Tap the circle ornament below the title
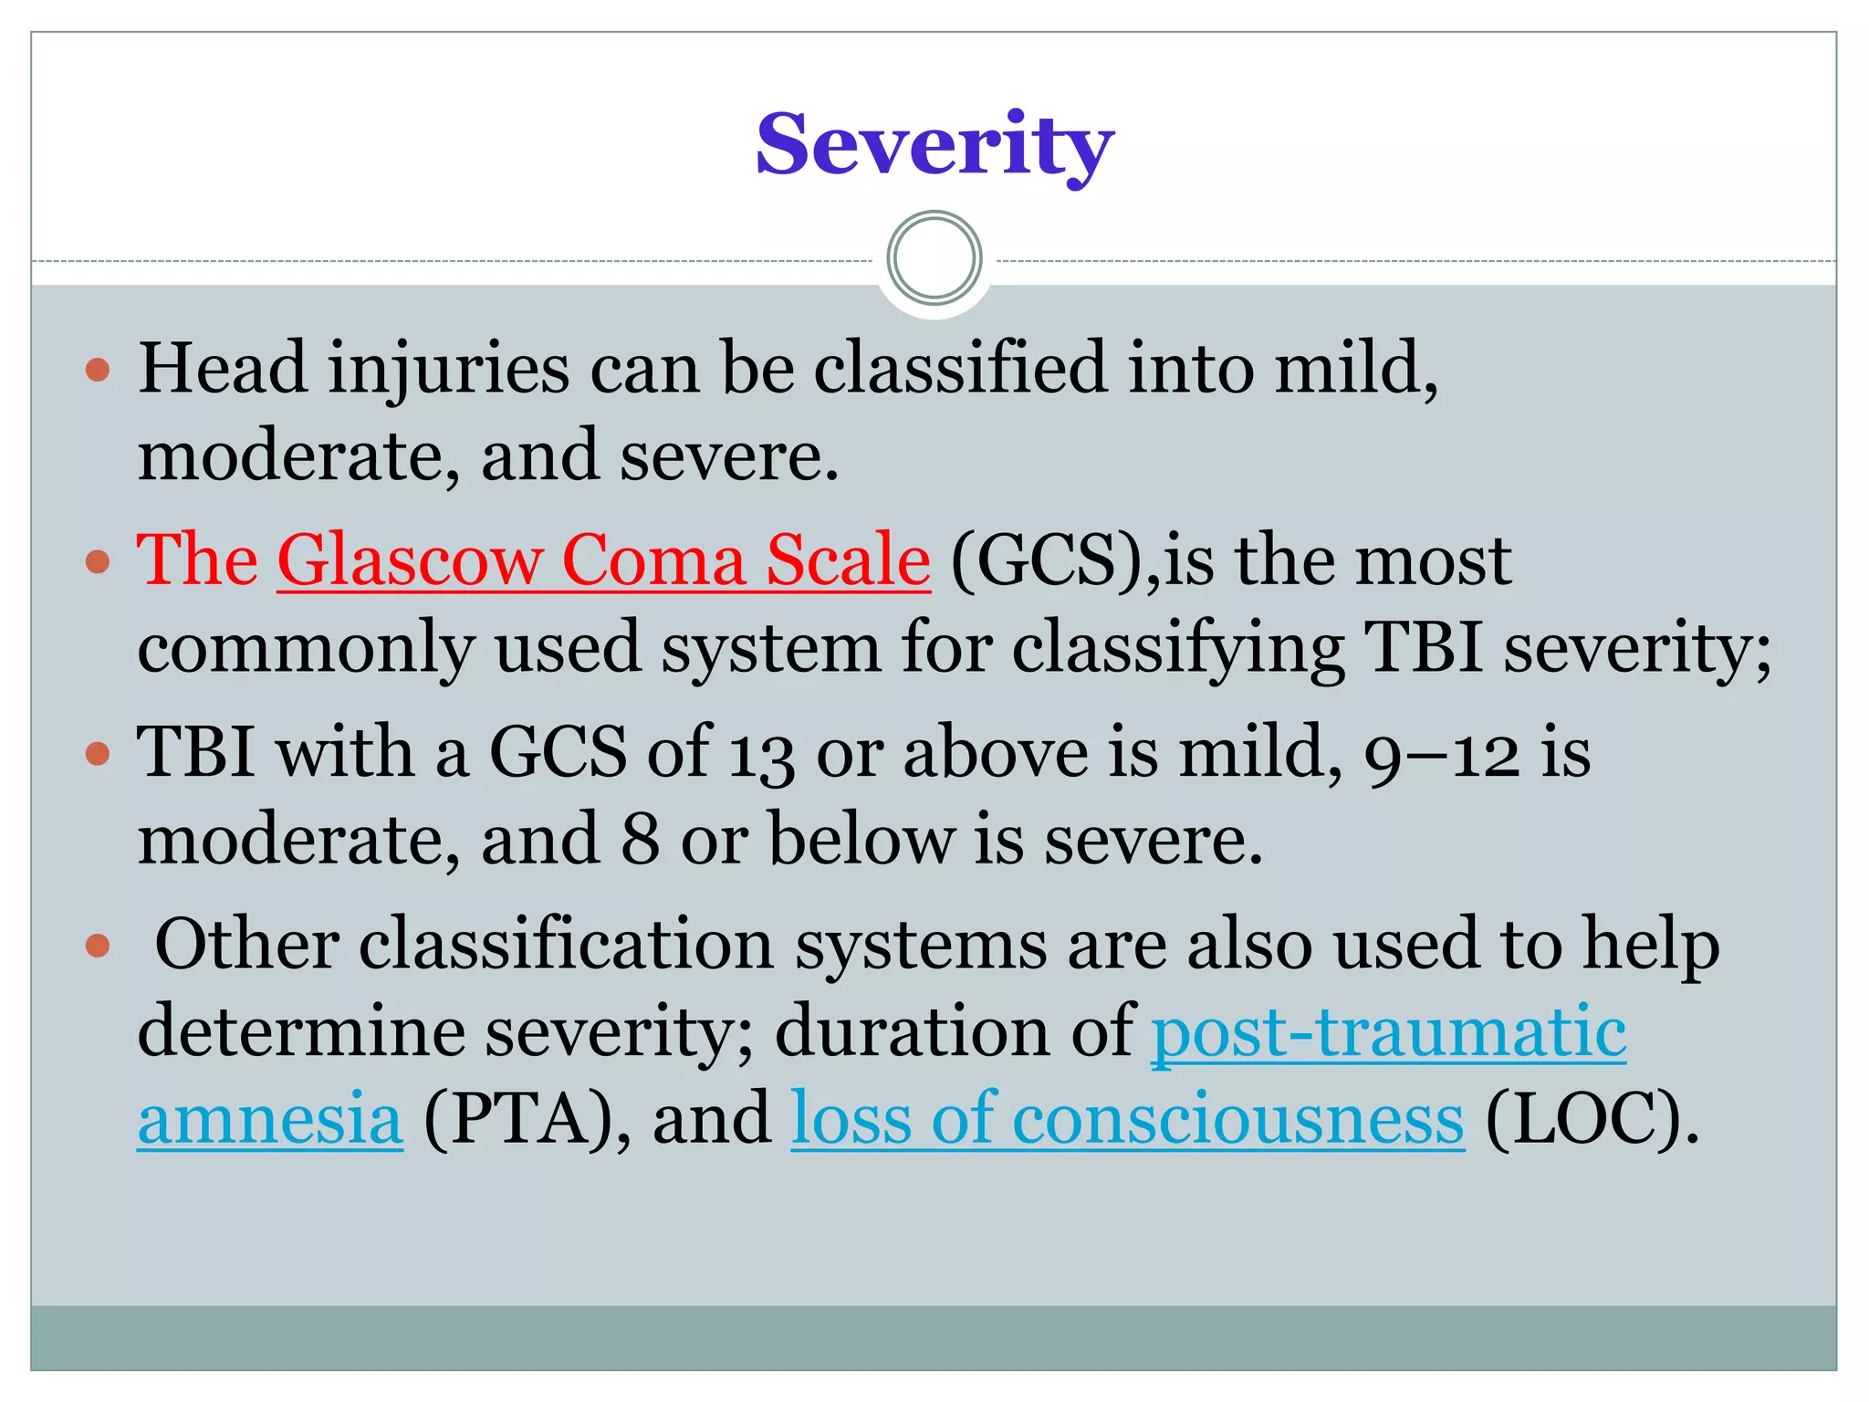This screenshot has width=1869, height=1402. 934,258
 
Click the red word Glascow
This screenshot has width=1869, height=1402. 409,560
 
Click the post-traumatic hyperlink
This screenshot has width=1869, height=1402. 1388,1031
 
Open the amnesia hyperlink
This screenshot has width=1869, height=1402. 270,1119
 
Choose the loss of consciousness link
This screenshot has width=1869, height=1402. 1127,1119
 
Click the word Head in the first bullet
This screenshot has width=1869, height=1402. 222,368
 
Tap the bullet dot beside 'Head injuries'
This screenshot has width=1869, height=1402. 98,370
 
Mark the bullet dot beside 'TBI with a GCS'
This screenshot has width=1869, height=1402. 98,754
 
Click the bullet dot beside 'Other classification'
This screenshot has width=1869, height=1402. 98,946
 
